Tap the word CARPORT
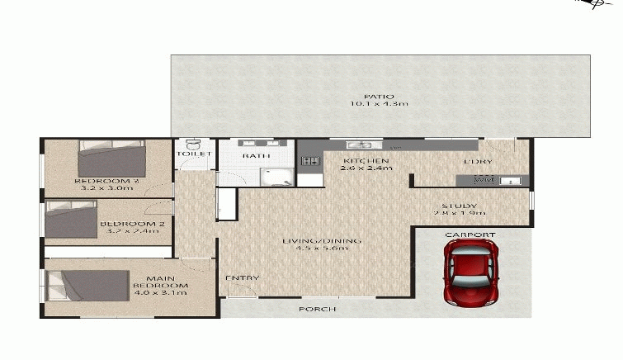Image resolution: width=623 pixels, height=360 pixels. (x=470, y=235)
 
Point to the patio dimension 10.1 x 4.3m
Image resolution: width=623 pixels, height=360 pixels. (x=379, y=105)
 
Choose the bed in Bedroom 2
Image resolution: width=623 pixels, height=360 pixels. (x=72, y=220)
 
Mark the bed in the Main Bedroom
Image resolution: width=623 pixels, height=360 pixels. (x=88, y=285)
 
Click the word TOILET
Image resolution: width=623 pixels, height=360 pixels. (x=194, y=154)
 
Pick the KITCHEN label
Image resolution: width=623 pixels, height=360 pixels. (x=366, y=160)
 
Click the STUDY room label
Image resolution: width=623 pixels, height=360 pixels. (x=460, y=206)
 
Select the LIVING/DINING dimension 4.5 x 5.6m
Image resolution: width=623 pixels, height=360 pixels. (x=322, y=249)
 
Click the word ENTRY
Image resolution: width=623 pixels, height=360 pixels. (x=243, y=278)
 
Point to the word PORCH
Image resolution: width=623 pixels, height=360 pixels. (x=318, y=310)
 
